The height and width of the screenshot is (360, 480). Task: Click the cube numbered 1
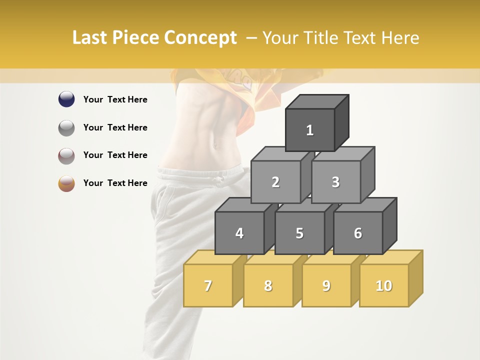(x=309, y=130)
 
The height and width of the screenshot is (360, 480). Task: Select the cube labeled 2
(x=275, y=182)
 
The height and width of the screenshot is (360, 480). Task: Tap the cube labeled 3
(x=335, y=182)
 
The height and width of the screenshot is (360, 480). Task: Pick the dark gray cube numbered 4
(x=239, y=233)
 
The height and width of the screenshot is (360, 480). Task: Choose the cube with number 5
(x=299, y=233)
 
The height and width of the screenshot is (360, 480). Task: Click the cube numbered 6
(x=358, y=233)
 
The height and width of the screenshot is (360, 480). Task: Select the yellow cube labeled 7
(x=208, y=285)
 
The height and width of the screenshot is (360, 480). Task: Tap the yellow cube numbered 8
(x=268, y=285)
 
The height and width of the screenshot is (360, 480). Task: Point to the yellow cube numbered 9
(x=326, y=285)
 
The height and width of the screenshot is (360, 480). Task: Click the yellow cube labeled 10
(x=383, y=285)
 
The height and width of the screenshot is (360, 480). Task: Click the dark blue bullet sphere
(x=66, y=99)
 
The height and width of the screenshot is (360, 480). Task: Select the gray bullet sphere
(x=66, y=127)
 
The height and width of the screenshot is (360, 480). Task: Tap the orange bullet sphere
(x=66, y=183)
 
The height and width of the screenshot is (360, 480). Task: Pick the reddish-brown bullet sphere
(x=66, y=155)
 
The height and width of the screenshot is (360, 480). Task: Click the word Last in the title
(x=90, y=38)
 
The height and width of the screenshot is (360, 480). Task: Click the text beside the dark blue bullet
(x=115, y=99)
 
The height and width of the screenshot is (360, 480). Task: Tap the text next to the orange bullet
(x=115, y=183)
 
